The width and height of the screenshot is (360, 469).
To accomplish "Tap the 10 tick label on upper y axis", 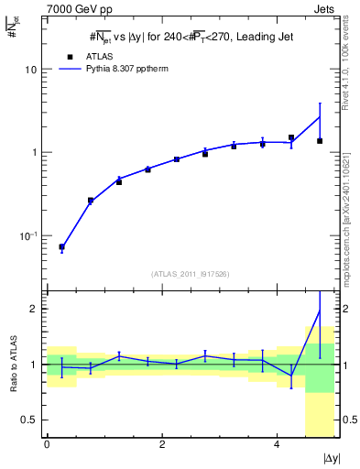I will [x=31, y=70].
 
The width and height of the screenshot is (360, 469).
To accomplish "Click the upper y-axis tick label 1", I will [x=35, y=152].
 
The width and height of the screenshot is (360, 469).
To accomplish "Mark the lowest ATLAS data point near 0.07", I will [x=61, y=247].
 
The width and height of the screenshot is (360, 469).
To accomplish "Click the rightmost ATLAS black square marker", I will [x=320, y=140].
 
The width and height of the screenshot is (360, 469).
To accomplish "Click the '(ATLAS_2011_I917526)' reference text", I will [x=190, y=274].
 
